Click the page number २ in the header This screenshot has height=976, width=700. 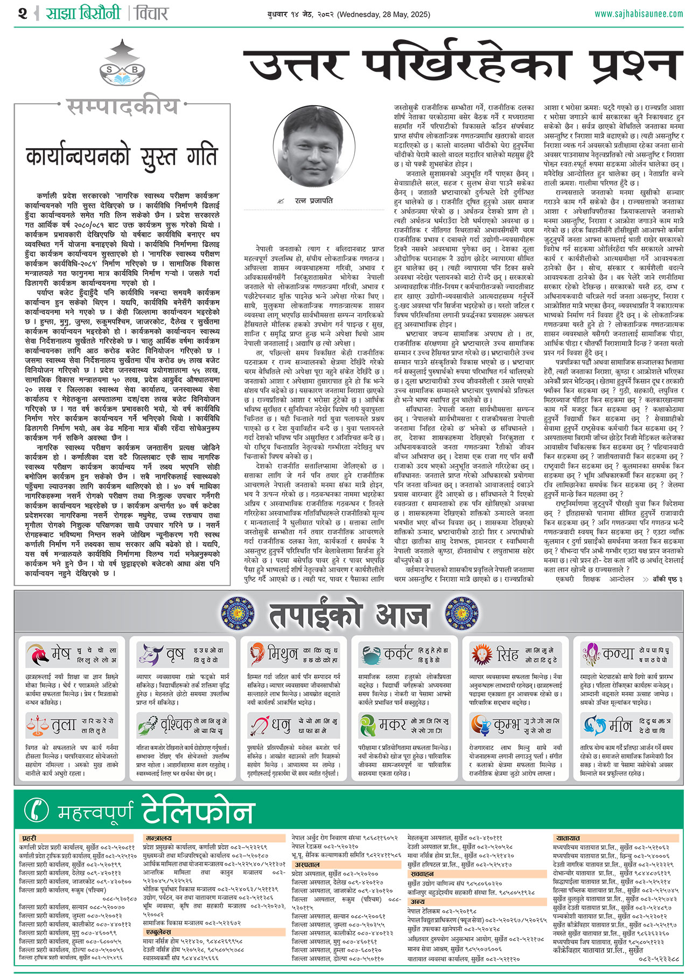click(x=23, y=13)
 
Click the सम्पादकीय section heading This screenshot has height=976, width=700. click(x=122, y=106)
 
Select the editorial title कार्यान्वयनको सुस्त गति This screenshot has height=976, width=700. click(x=122, y=156)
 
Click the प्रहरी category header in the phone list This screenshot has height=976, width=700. click(x=29, y=838)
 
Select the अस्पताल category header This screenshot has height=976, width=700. click(x=307, y=864)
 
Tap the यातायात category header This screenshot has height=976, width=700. click(x=568, y=838)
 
